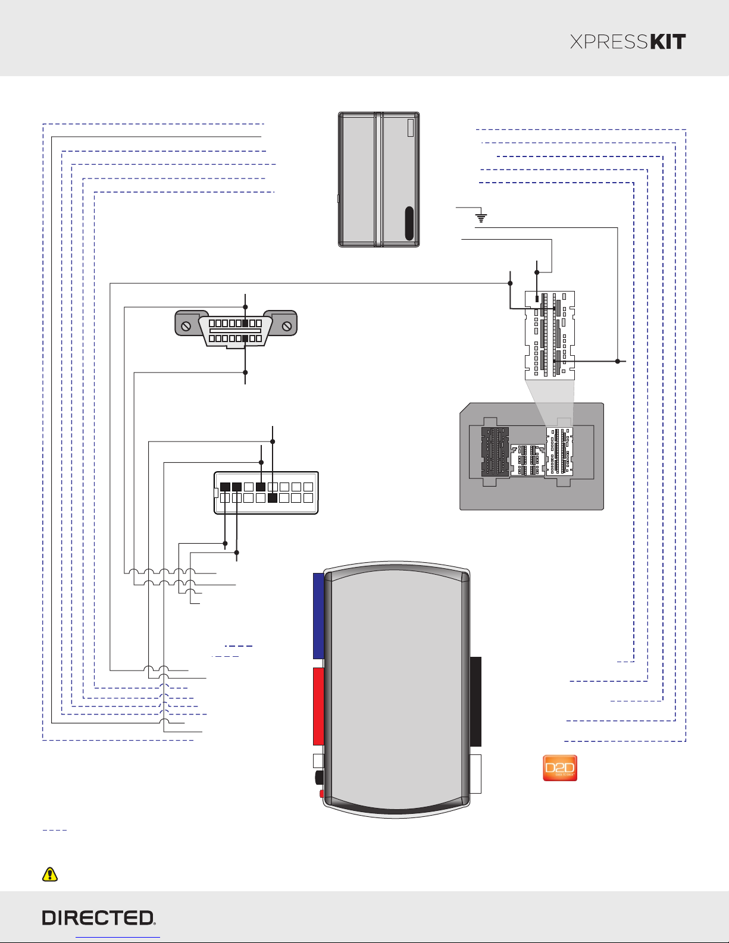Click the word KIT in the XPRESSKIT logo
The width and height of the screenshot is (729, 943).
click(x=667, y=42)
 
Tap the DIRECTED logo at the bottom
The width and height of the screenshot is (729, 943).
click(x=99, y=918)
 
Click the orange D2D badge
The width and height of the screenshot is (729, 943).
click(x=560, y=768)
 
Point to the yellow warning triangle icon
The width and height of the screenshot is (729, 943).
click(x=50, y=874)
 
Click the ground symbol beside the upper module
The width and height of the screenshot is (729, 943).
click(x=481, y=218)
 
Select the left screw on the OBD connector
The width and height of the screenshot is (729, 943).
click(x=186, y=327)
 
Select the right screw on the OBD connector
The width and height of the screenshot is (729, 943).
click(x=287, y=326)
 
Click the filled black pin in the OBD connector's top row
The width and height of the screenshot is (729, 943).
click(x=246, y=324)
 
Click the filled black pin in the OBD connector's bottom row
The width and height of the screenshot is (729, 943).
click(x=245, y=339)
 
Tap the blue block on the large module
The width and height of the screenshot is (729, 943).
click(x=318, y=616)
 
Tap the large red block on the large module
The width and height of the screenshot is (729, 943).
click(x=318, y=706)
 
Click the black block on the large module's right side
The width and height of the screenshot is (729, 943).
click(x=475, y=701)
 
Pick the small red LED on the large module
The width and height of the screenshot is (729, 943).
click(x=321, y=794)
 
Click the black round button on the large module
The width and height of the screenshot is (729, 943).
click(x=319, y=776)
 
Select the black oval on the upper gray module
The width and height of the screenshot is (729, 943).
click(x=409, y=223)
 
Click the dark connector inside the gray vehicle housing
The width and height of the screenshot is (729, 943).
click(x=495, y=450)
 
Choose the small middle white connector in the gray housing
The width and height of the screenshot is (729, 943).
click(x=528, y=459)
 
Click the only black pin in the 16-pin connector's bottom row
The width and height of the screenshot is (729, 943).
click(x=273, y=498)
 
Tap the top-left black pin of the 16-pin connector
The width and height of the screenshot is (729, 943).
click(x=225, y=487)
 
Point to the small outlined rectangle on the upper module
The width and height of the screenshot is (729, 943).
click(x=411, y=128)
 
